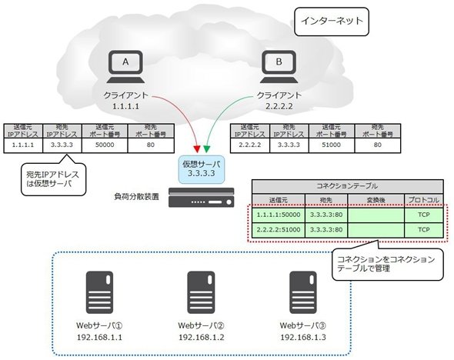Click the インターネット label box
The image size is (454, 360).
click(x=332, y=22)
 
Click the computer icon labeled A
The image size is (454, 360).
click(x=125, y=67)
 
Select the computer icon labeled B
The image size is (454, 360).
click(x=279, y=67)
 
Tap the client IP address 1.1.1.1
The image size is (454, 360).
click(x=125, y=106)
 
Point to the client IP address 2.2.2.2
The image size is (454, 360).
click(x=279, y=106)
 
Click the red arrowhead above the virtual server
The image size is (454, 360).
click(x=197, y=148)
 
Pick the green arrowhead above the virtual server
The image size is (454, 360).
click(x=206, y=148)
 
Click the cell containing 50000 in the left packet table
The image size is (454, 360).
click(x=105, y=145)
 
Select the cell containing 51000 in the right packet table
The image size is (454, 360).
click(x=332, y=145)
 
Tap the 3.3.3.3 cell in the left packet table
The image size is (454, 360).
click(x=62, y=145)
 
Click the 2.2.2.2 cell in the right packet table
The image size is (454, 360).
click(x=250, y=145)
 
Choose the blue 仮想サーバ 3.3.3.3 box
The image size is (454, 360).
click(x=202, y=169)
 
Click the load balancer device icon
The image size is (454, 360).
click(x=202, y=198)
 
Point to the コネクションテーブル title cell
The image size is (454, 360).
click(x=348, y=187)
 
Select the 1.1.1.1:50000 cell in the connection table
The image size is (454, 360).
click(x=279, y=215)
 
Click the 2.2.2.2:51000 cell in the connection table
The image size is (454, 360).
click(x=279, y=230)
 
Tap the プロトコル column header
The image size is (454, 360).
click(x=423, y=200)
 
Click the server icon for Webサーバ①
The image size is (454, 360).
click(x=99, y=292)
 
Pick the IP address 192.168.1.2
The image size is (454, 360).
click(x=202, y=338)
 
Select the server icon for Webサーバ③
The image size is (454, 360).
click(x=303, y=292)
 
